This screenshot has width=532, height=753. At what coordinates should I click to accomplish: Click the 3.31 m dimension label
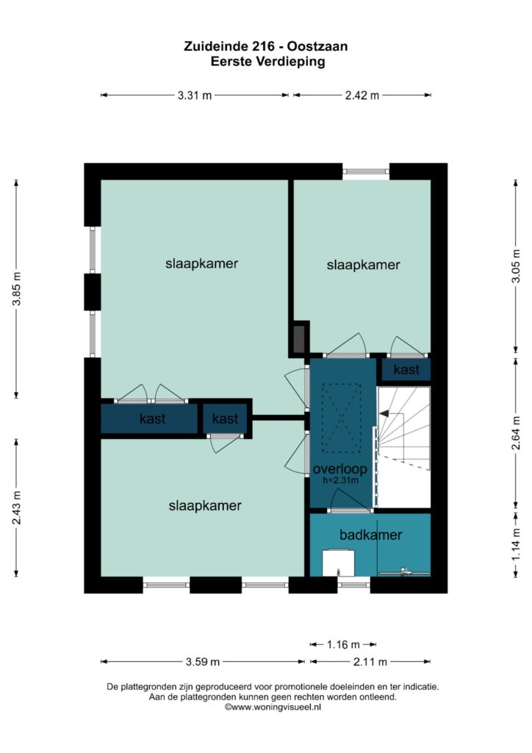(x=194, y=95)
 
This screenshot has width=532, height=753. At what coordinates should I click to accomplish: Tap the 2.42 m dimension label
(x=362, y=95)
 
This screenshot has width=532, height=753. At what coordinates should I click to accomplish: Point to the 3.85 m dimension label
(x=17, y=288)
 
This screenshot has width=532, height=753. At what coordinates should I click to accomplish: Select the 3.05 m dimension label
(x=516, y=266)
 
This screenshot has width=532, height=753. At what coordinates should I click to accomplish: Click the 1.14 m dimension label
(x=516, y=544)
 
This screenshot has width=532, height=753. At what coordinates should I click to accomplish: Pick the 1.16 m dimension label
(x=343, y=644)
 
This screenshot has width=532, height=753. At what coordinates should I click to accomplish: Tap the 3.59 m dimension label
(x=202, y=662)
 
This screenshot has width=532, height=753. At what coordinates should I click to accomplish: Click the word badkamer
(x=370, y=535)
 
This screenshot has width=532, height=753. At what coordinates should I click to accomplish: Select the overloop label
(x=340, y=469)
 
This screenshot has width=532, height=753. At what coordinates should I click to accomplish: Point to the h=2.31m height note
(x=341, y=480)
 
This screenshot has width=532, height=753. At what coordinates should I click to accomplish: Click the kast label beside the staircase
(x=406, y=369)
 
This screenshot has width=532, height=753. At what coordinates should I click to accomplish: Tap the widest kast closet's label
(x=153, y=418)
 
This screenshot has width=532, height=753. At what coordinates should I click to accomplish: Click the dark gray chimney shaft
(x=298, y=338)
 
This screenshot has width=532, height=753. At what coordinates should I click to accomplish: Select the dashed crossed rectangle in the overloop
(x=341, y=418)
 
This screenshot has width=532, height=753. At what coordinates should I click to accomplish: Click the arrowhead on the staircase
(x=384, y=413)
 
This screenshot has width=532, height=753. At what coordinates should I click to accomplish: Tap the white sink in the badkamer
(x=338, y=563)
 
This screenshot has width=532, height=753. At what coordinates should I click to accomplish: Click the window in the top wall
(x=366, y=171)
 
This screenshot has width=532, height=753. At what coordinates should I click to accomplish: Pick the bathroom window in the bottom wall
(x=353, y=585)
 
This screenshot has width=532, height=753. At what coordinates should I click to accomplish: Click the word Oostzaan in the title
(x=317, y=46)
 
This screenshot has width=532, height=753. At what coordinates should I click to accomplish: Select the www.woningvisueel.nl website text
(x=273, y=707)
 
